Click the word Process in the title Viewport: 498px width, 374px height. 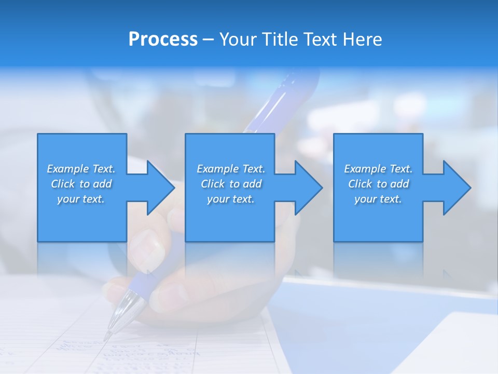[x=163, y=39]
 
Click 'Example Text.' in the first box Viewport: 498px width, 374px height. [x=81, y=169]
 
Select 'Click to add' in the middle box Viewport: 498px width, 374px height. [x=231, y=184]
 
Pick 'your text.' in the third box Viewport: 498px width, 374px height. [x=378, y=199]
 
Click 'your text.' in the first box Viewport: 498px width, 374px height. [x=81, y=199]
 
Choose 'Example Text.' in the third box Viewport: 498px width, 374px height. [x=378, y=169]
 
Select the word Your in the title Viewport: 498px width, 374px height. [x=238, y=39]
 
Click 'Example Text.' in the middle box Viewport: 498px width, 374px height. [x=231, y=169]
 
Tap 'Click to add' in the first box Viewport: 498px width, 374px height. [x=81, y=184]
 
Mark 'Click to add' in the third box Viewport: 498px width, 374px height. [x=379, y=184]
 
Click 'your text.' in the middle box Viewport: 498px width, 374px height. [x=230, y=199]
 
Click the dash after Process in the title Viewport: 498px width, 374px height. [x=209, y=40]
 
